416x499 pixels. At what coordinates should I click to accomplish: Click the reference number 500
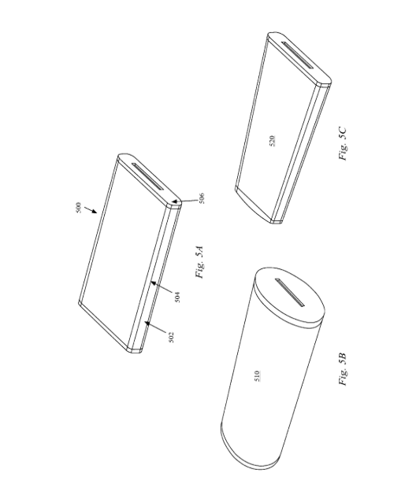pyautogui.click(x=79, y=208)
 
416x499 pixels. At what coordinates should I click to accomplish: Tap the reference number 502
pyautogui.click(x=171, y=338)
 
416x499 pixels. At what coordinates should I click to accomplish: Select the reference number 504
pyautogui.click(x=177, y=297)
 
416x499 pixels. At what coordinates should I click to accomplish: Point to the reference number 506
pyautogui.click(x=201, y=198)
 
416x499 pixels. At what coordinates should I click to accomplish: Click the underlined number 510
pyautogui.click(x=258, y=376)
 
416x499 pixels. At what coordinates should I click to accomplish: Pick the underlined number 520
pyautogui.click(x=272, y=141)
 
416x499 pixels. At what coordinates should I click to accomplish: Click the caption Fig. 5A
pyautogui.click(x=199, y=262)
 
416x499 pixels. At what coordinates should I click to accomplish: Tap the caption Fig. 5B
pyautogui.click(x=343, y=369)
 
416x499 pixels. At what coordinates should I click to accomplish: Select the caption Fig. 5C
pyautogui.click(x=343, y=143)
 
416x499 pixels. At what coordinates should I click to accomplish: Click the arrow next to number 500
pyautogui.click(x=91, y=209)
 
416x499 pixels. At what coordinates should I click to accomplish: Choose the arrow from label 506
pyautogui.click(x=184, y=201)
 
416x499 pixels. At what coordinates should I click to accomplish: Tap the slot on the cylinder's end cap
pyautogui.click(x=290, y=293)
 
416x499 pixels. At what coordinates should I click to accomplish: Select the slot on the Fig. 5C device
pyautogui.click(x=297, y=55)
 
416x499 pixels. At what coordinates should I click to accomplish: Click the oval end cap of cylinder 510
pyautogui.click(x=289, y=295)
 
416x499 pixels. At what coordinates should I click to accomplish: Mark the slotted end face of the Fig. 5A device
pyautogui.click(x=149, y=179)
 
